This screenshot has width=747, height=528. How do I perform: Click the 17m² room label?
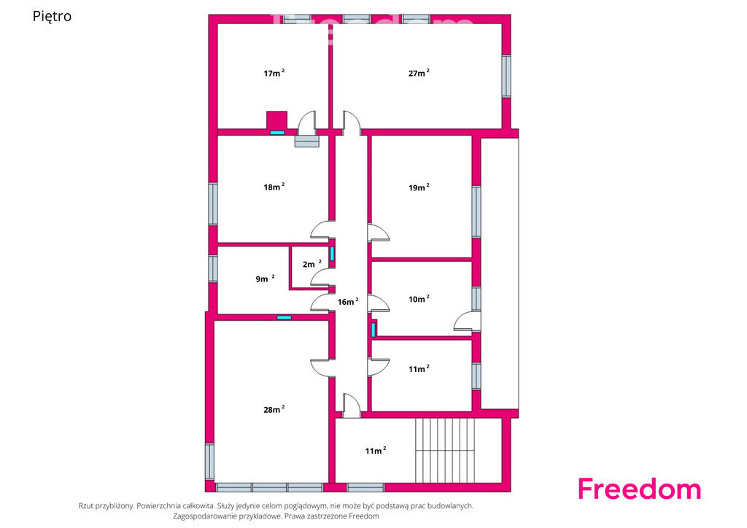(274, 73)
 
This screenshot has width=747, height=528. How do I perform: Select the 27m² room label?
(419, 73)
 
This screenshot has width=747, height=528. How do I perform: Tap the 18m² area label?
(274, 187)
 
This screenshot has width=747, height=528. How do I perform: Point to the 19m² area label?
(419, 187)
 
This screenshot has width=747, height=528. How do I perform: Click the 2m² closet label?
(312, 264)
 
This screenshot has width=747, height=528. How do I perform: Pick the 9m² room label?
(265, 278)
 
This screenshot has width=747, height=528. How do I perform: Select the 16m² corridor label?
(348, 301)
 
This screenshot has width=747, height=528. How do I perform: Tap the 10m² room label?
(419, 298)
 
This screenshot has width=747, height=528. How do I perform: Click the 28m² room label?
(274, 409)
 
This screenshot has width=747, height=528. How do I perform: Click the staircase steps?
(445, 450)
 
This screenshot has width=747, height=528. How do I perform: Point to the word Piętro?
(52, 16)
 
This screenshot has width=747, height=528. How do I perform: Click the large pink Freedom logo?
(639, 489)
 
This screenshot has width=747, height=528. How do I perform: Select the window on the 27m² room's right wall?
(506, 76)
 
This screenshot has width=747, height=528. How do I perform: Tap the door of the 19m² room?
(379, 233)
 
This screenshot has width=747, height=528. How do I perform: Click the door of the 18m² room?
(323, 230)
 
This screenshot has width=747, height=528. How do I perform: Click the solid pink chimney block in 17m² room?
(276, 120)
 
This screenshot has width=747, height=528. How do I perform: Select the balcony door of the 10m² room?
(467, 322)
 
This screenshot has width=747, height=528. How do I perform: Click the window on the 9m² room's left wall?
(213, 268)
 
